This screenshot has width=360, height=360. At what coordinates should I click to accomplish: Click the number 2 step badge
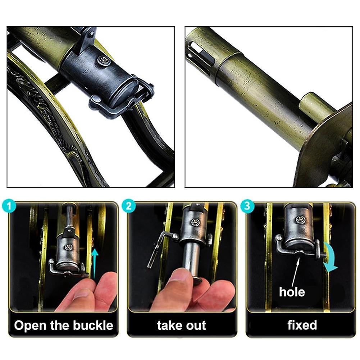(128, 207)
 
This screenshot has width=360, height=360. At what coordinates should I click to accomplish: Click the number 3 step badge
(248, 207)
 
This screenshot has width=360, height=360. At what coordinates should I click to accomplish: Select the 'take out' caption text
(182, 325)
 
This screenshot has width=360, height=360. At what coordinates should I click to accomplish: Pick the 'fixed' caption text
(302, 325)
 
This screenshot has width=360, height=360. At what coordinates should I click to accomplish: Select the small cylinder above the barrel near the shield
(316, 106)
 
